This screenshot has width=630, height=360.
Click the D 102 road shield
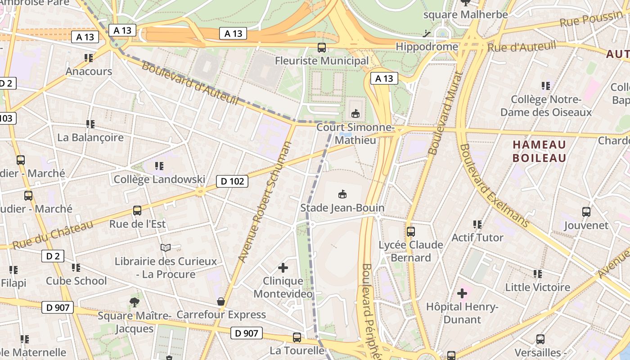point(232,181)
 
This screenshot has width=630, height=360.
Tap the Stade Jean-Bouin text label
point(342,208)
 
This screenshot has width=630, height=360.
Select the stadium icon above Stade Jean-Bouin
point(342,194)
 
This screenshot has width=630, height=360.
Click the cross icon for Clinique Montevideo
point(283,268)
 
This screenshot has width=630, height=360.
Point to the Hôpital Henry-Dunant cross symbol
point(462,293)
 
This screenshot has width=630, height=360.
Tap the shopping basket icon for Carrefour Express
point(220,301)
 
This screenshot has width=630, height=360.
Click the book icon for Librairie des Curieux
point(166,247)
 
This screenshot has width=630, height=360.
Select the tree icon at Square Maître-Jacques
point(134,302)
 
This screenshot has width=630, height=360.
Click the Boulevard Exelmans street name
point(493,185)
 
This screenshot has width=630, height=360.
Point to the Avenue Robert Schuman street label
point(265,202)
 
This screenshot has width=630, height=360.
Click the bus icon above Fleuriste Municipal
point(322,47)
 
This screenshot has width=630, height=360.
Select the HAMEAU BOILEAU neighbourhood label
point(539,151)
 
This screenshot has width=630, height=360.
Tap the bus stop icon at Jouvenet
point(586,211)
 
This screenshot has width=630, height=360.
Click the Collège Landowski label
point(159,179)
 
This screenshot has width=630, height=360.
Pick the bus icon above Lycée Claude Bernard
point(410,232)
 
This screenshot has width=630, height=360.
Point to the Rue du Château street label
point(53,235)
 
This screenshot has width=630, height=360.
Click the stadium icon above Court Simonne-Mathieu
point(355,113)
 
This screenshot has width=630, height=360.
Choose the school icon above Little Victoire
point(537,274)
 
